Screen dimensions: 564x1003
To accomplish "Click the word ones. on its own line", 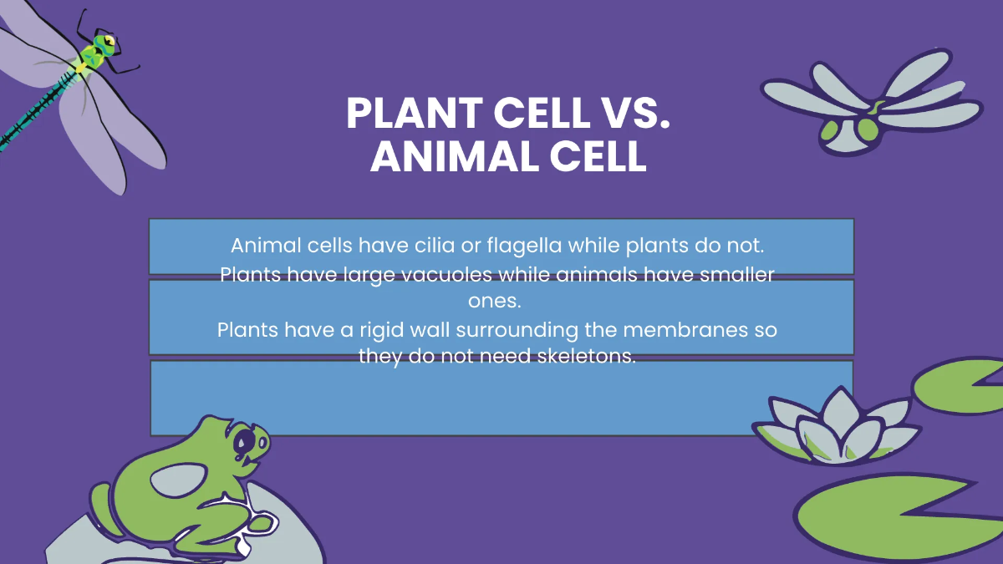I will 501,301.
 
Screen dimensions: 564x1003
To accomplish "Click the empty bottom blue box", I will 501,399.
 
